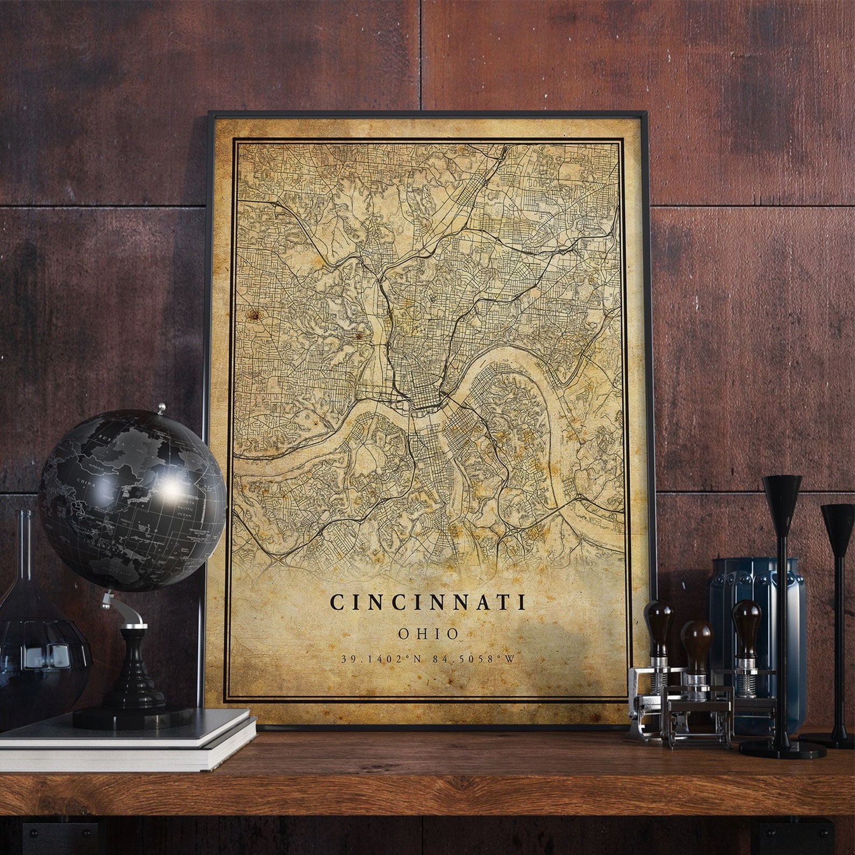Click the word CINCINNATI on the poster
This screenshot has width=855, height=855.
[429, 601]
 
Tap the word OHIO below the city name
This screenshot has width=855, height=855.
[429, 634]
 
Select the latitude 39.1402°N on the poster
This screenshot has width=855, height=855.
[379, 660]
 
